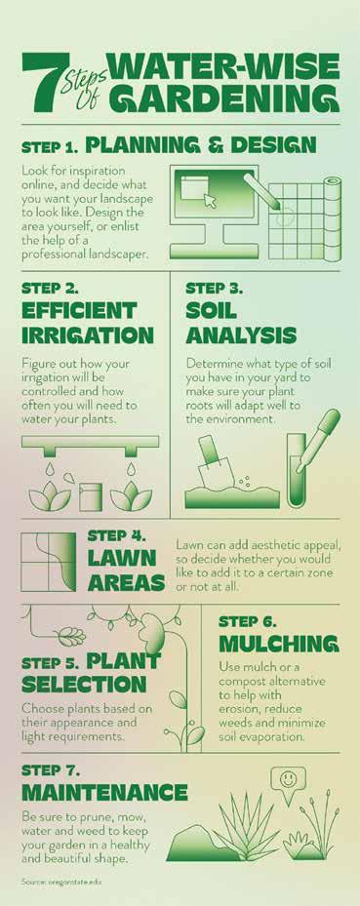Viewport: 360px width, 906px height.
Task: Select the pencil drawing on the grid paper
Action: pyautogui.click(x=261, y=191)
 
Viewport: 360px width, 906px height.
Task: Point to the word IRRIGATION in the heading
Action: pyautogui.click(x=88, y=335)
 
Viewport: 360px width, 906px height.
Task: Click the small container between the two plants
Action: pyautogui.click(x=91, y=496)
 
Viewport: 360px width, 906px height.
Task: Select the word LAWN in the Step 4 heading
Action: pyautogui.click(x=122, y=558)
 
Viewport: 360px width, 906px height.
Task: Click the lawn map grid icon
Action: pyautogui.click(x=48, y=562)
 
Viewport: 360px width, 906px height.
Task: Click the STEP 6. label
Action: pyautogui.click(x=248, y=622)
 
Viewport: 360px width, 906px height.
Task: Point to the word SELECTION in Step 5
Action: pyautogui.click(x=84, y=685)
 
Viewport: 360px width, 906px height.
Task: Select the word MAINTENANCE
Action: pyautogui.click(x=104, y=792)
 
